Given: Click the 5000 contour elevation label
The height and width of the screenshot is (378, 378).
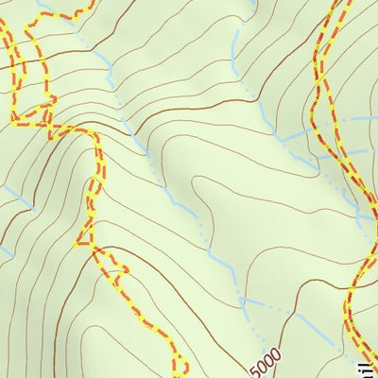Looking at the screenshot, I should pyautogui.click(x=267, y=358).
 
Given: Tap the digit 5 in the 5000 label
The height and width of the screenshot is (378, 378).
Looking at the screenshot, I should pyautogui.click(x=258, y=368).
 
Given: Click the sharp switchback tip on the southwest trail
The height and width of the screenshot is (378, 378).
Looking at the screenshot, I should pyautogui.click(x=77, y=243).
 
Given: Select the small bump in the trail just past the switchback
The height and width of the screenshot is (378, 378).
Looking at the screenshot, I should pyautogui.click(x=118, y=268).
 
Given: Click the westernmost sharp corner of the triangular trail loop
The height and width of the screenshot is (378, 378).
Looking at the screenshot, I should pyautogui.click(x=14, y=120).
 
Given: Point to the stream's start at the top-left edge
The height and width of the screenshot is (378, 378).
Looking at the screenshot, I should pyautogui.click(x=38, y=3).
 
